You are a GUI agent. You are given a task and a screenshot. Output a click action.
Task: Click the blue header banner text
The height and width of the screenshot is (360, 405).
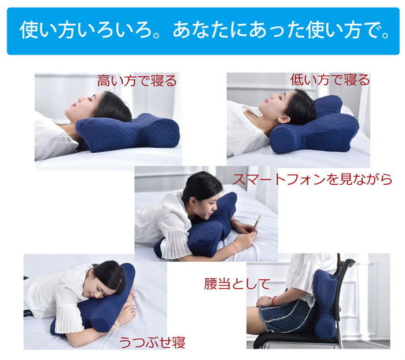point(203,31)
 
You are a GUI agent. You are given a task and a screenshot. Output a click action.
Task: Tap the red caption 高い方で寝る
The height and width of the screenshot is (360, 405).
point(137,80)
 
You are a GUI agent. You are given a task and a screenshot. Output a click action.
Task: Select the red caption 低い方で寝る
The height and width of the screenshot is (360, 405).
point(330,80)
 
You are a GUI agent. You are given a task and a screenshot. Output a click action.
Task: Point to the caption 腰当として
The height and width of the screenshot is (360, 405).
point(237,284)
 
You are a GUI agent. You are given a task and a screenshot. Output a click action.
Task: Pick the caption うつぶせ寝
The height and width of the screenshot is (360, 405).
point(152,341)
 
